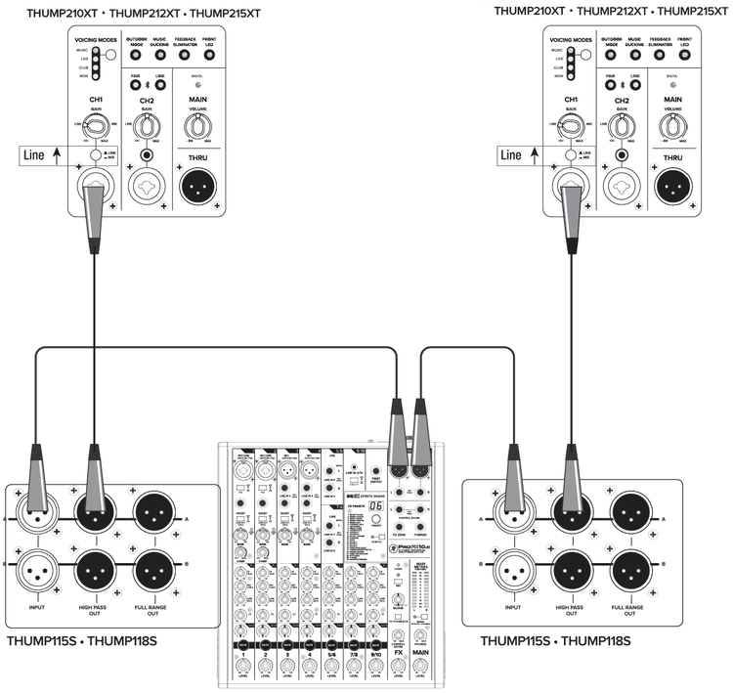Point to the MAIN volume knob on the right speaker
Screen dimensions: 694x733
673,126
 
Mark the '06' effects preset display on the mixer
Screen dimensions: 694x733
375,480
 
